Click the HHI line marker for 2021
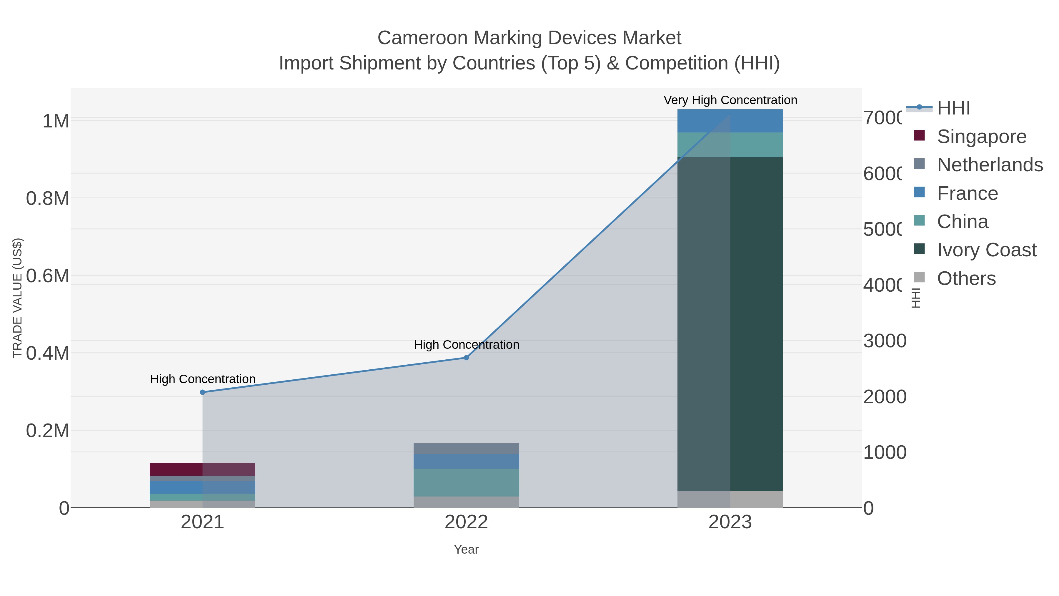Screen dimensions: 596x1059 click(202, 392)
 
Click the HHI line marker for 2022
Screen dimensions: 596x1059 click(466, 357)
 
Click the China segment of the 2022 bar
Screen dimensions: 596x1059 click(466, 482)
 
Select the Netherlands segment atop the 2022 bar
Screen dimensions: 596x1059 click(466, 448)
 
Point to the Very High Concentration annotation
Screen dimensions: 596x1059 click(730, 100)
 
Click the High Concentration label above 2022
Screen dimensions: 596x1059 click(466, 344)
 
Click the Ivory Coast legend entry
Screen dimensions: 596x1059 click(987, 250)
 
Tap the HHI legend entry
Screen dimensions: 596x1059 click(953, 108)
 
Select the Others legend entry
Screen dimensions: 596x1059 click(966, 278)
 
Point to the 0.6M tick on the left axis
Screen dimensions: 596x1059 click(47, 275)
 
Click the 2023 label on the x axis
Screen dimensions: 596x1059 click(730, 522)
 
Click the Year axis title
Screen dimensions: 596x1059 click(466, 549)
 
